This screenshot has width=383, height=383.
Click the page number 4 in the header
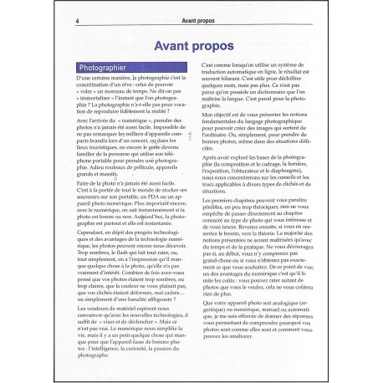tap(78, 21)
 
